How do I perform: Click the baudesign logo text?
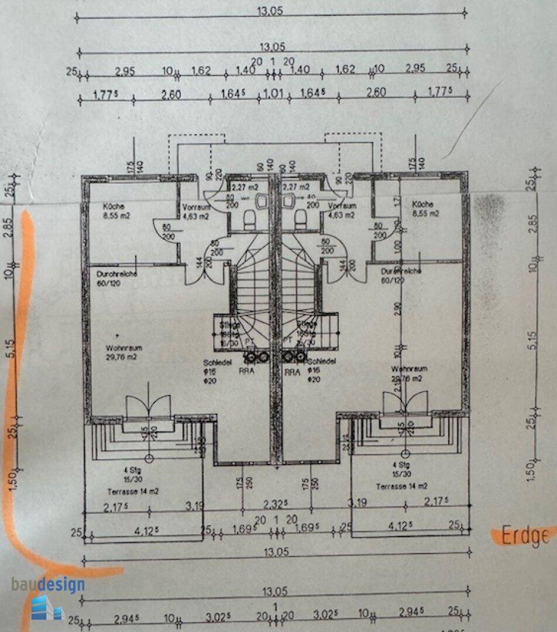48,584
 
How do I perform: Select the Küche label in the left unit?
112,206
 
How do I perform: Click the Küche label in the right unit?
422,204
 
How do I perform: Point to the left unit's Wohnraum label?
120,348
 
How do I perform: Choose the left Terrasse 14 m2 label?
133,491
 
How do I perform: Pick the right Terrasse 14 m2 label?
402,486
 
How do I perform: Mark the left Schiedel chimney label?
214,362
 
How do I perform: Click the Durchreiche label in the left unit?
111,274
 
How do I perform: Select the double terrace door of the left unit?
147,406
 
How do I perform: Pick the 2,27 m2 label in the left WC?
246,187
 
